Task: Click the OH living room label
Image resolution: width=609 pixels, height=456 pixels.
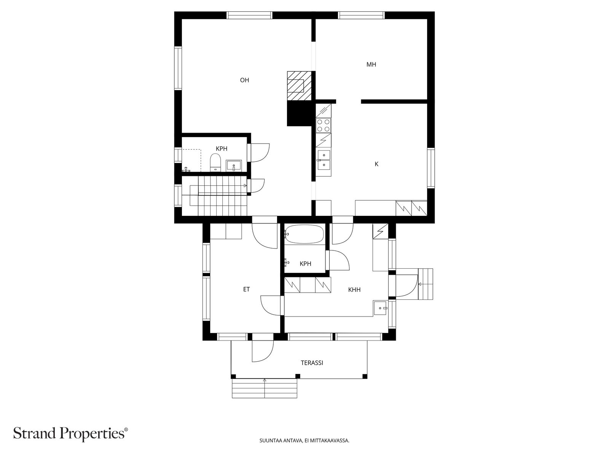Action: tap(244, 80)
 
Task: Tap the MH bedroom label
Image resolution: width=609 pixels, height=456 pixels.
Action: tap(371, 65)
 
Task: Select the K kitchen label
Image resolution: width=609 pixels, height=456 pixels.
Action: tap(376, 164)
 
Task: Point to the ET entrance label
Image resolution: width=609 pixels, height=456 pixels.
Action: tap(246, 289)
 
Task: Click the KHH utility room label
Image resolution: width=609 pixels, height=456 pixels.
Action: tap(354, 290)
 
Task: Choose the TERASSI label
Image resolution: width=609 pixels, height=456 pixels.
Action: tap(312, 363)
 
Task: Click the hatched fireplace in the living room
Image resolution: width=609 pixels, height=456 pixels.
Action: tap(300, 86)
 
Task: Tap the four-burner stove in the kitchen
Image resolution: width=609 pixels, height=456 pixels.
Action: tap(324, 125)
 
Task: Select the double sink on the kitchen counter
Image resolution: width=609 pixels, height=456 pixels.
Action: tap(324, 160)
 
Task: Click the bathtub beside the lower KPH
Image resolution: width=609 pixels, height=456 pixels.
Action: tap(304, 234)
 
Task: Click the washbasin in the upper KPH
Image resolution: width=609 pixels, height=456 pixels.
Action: tap(234, 166)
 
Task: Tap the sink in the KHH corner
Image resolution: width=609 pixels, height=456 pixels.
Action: tap(380, 308)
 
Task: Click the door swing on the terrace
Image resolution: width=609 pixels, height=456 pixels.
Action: tap(263, 351)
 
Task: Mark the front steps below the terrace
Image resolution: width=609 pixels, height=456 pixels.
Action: tap(265, 388)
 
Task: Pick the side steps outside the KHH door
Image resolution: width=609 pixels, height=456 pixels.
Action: tap(425, 284)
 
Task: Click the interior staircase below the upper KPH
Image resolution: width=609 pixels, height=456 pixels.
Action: tap(214, 196)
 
